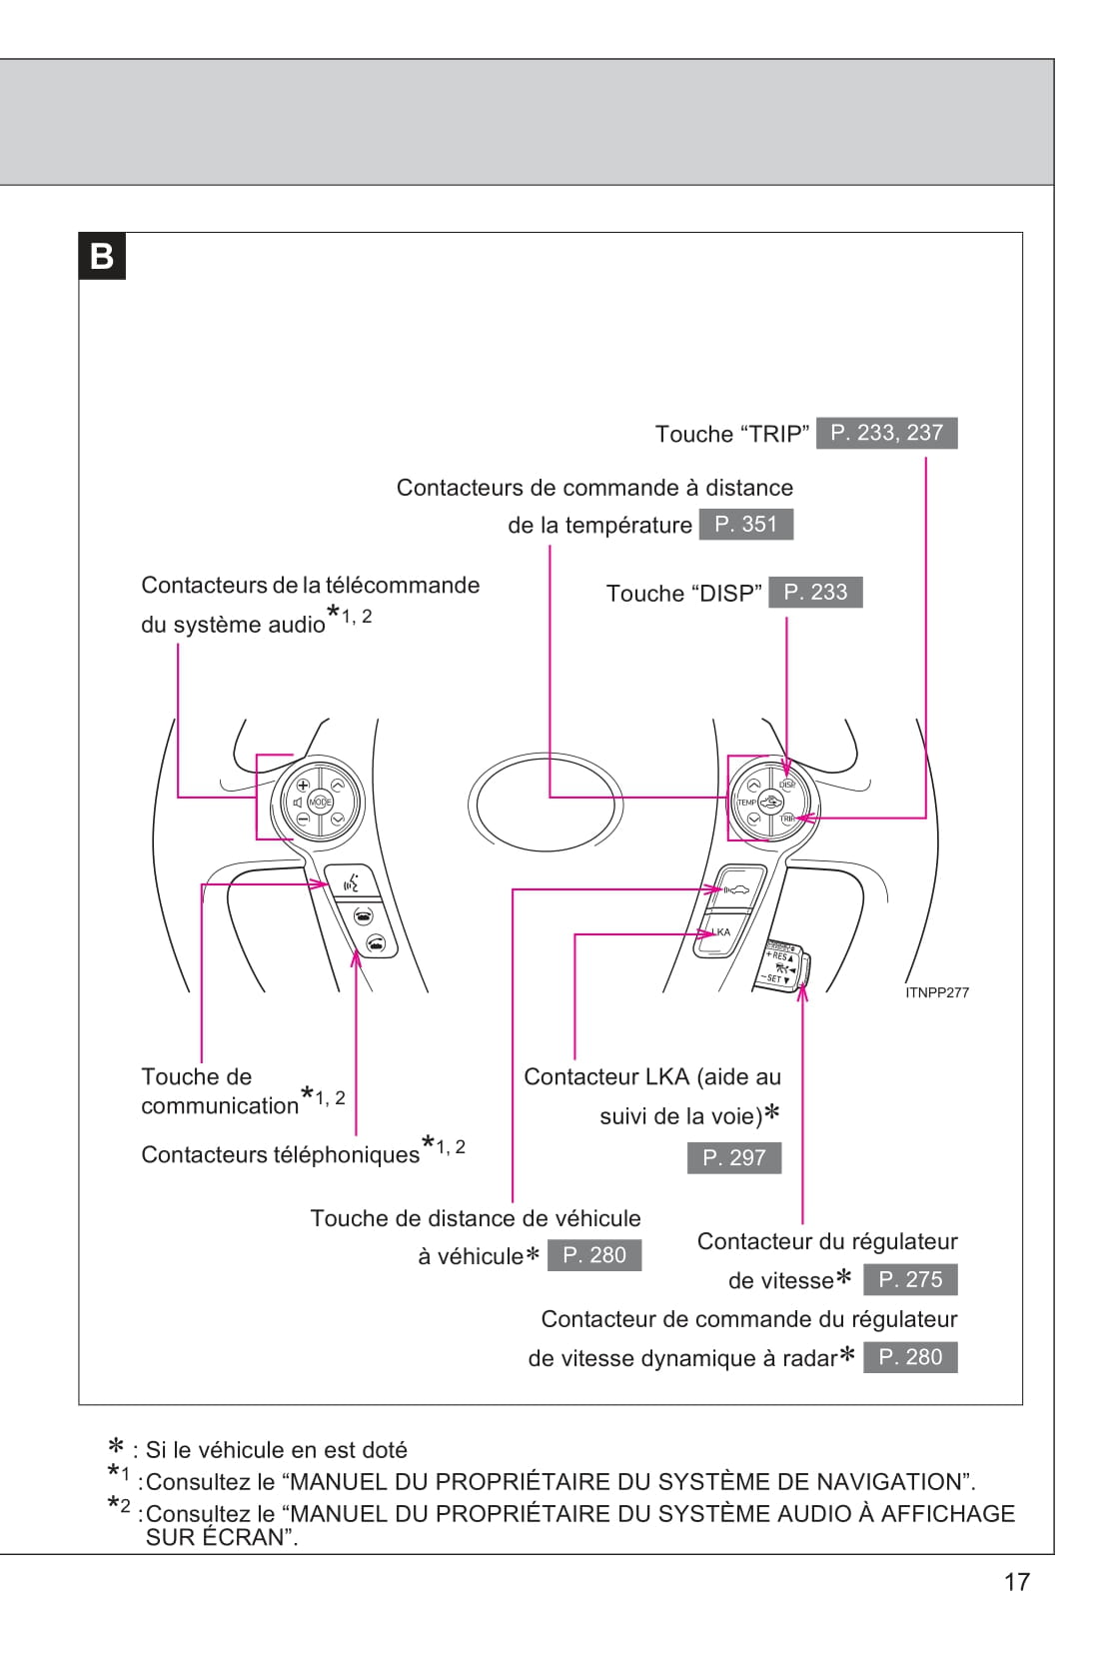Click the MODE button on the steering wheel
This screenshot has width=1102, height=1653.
tap(320, 802)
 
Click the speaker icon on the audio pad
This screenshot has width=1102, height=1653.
tap(297, 803)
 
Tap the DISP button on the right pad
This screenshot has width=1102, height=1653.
tap(787, 784)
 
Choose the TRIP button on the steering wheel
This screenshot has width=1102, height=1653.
tap(787, 819)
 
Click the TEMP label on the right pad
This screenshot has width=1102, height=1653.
tap(746, 803)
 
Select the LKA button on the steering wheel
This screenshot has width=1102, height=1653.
tap(721, 931)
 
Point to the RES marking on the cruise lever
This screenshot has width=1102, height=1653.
tap(780, 956)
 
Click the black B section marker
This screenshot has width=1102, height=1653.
tap(102, 257)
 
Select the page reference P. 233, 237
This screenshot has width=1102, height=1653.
tap(886, 433)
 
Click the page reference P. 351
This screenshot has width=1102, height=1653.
tap(745, 525)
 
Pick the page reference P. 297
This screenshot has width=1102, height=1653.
tap(734, 1157)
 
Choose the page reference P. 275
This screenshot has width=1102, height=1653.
tap(910, 1279)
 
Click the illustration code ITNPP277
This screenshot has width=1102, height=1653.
tap(936, 992)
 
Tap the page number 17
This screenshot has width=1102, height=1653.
tap(1016, 1582)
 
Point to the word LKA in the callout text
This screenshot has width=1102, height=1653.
tap(667, 1076)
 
